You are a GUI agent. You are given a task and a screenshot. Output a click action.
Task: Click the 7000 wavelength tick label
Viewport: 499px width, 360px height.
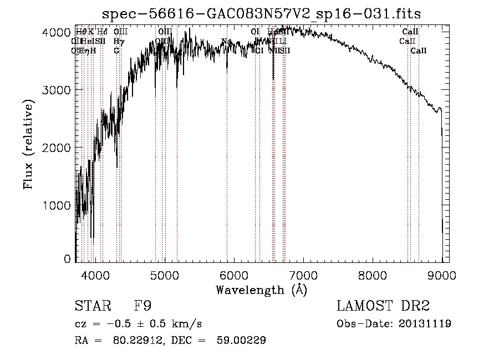pos(303,274)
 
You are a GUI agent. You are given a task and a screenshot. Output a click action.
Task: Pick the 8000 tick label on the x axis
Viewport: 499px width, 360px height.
pos(373,274)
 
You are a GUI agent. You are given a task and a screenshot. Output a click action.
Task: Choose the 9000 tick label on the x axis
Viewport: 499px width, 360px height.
pos(442,274)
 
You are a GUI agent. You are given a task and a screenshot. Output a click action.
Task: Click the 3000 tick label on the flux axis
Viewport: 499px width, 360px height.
pos(57,90)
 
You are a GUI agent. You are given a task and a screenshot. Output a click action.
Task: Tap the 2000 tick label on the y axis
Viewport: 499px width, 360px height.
pos(57,148)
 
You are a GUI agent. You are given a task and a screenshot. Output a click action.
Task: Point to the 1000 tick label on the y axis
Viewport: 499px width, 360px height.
pos(57,205)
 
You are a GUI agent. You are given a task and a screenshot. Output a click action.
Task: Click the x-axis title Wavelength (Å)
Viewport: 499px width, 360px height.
pos(261,290)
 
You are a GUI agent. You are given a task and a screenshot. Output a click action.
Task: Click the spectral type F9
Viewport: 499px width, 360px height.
pos(142,306)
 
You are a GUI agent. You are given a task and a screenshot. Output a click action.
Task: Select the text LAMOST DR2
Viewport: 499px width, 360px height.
pos(383,306)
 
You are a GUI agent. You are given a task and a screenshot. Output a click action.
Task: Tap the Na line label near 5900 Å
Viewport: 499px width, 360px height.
pos(226,40)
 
